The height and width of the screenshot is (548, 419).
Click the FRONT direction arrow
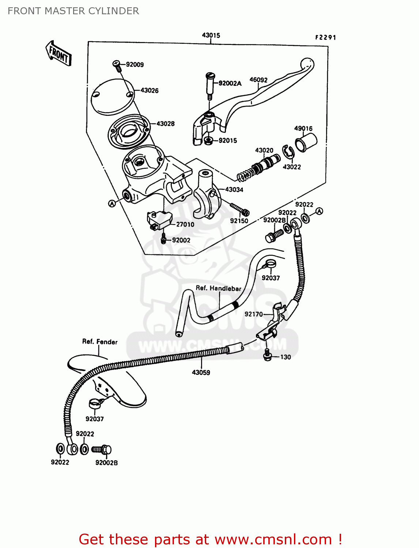[58, 54]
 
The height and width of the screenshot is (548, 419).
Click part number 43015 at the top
[211, 35]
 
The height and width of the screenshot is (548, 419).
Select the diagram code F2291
[325, 37]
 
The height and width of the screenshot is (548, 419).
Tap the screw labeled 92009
[116, 65]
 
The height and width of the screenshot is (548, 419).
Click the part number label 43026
[150, 91]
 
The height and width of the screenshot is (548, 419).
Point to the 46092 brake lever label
[258, 80]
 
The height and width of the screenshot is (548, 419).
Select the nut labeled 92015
[208, 140]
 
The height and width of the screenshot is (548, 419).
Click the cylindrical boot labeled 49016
[306, 142]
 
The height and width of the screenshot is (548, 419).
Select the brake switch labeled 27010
[159, 220]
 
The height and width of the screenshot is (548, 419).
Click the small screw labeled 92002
[163, 239]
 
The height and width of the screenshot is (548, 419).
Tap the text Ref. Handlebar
[218, 288]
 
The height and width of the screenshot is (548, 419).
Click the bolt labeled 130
[267, 355]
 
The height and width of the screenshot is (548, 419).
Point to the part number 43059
[201, 373]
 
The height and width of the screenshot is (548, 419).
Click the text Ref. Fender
[100, 342]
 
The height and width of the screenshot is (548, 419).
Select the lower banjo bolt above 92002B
[102, 449]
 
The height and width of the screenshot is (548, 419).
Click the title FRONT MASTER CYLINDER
[73, 11]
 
